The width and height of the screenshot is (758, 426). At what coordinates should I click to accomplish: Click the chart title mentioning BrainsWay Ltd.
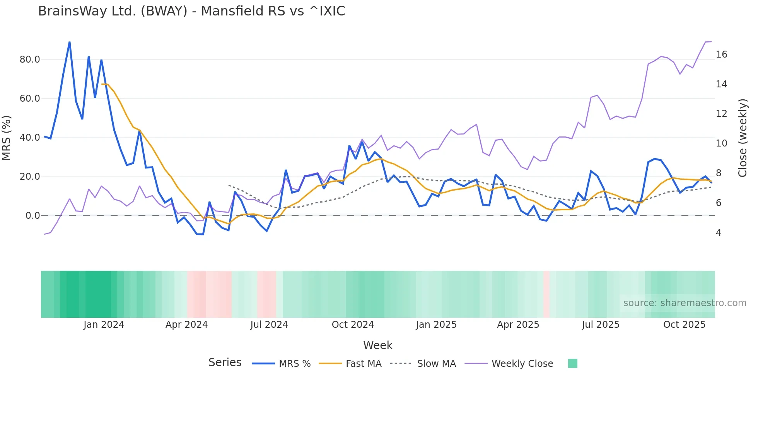(191, 11)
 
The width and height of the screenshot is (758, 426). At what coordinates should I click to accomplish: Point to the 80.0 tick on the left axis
(30, 60)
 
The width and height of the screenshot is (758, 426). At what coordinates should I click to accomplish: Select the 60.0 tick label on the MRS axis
(30, 99)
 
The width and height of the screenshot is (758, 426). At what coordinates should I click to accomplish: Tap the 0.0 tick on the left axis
(32, 216)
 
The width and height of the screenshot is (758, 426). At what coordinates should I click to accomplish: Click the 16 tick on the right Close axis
(721, 55)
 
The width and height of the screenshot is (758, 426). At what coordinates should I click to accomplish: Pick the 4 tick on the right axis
(719, 233)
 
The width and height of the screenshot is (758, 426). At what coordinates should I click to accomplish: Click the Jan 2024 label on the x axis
(104, 325)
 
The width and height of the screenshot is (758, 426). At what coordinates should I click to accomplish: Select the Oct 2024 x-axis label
(353, 325)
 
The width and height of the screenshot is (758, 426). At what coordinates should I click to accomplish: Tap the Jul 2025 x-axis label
(601, 325)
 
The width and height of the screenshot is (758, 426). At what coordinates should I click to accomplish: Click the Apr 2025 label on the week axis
(518, 325)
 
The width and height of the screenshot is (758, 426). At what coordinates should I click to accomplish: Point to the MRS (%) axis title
(7, 138)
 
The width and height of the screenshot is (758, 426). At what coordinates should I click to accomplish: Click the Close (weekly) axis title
(742, 138)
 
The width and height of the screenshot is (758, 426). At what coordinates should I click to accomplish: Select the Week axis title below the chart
(377, 345)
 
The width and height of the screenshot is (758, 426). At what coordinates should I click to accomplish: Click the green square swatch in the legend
(572, 363)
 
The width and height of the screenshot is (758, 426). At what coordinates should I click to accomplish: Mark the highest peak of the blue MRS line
(70, 42)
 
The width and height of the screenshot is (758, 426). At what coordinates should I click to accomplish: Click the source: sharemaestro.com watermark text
(685, 303)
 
